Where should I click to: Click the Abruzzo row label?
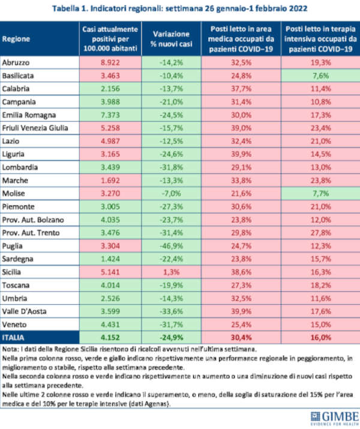[x=17, y=62]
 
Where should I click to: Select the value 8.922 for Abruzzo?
[x=110, y=62]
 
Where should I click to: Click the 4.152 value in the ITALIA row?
[x=110, y=338]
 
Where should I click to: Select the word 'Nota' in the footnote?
[x=11, y=349]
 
